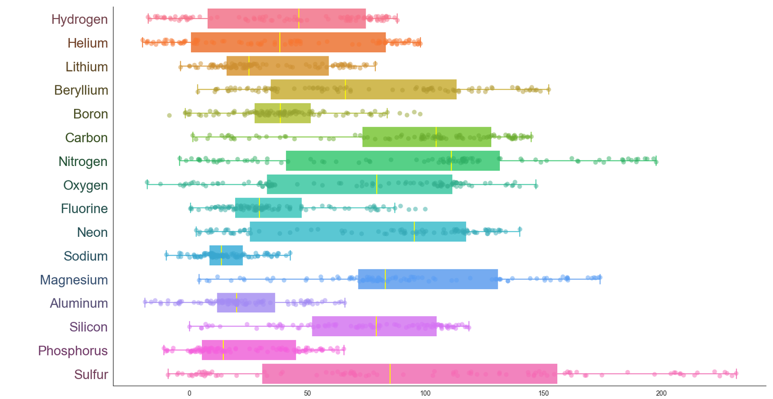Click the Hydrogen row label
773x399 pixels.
click(x=79, y=19)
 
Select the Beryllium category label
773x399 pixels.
click(x=81, y=90)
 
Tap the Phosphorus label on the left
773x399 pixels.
click(x=73, y=351)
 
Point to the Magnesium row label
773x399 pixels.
click(x=74, y=280)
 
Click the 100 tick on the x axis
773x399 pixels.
click(x=426, y=393)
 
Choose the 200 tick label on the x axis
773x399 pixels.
click(x=661, y=393)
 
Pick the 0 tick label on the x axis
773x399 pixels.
click(x=189, y=393)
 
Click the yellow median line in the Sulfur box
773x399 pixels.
click(x=390, y=374)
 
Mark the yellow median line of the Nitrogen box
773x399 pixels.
click(x=451, y=161)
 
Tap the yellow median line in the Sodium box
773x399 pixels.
click(x=222, y=255)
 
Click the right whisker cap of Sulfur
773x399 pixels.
click(x=736, y=374)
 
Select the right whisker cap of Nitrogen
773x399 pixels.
click(x=657, y=161)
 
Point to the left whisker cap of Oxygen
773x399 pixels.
click(x=147, y=185)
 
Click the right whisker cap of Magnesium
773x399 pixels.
click(x=600, y=279)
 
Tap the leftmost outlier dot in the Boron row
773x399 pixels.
click(x=169, y=115)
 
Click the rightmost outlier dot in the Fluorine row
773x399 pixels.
click(x=425, y=209)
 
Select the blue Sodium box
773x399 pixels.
click(x=226, y=255)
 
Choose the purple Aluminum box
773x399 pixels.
click(x=246, y=303)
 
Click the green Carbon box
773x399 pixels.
click(x=427, y=137)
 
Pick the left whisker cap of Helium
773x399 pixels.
click(x=142, y=43)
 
